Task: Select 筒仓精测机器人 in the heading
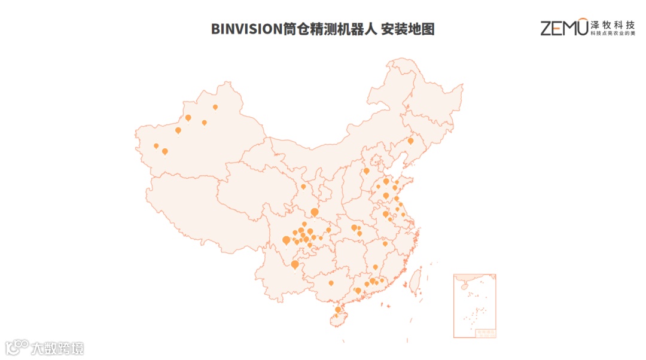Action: click(x=330, y=29)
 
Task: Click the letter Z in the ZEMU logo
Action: click(x=547, y=28)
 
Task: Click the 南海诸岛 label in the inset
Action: click(x=486, y=331)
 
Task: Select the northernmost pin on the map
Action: click(x=215, y=107)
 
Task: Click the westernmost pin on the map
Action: click(x=156, y=145)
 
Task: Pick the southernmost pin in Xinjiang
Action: click(x=165, y=151)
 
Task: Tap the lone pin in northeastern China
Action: click(x=410, y=141)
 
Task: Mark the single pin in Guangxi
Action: click(x=331, y=283)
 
